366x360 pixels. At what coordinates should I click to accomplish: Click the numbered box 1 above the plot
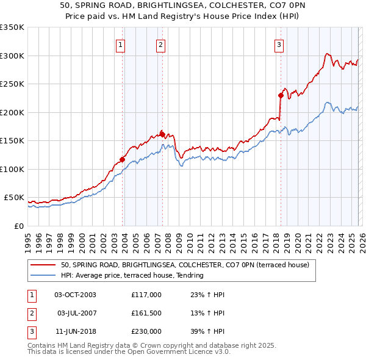pos(121,44)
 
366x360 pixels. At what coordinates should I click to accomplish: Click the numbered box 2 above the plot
pos(160,44)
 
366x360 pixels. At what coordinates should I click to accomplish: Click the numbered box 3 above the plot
pos(279,44)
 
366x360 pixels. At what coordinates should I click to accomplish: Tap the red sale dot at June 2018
pos(281,95)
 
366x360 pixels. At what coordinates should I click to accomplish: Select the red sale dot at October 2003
pos(122,159)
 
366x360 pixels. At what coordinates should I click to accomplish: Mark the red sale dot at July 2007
pos(162,134)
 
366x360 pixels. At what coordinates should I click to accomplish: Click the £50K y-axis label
pos(14,198)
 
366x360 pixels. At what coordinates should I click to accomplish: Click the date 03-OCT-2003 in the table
pos(75,295)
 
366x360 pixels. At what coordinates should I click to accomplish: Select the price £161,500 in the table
pos(146,313)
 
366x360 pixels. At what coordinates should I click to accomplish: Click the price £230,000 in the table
pos(146,331)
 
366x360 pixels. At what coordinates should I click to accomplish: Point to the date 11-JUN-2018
pos(75,331)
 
